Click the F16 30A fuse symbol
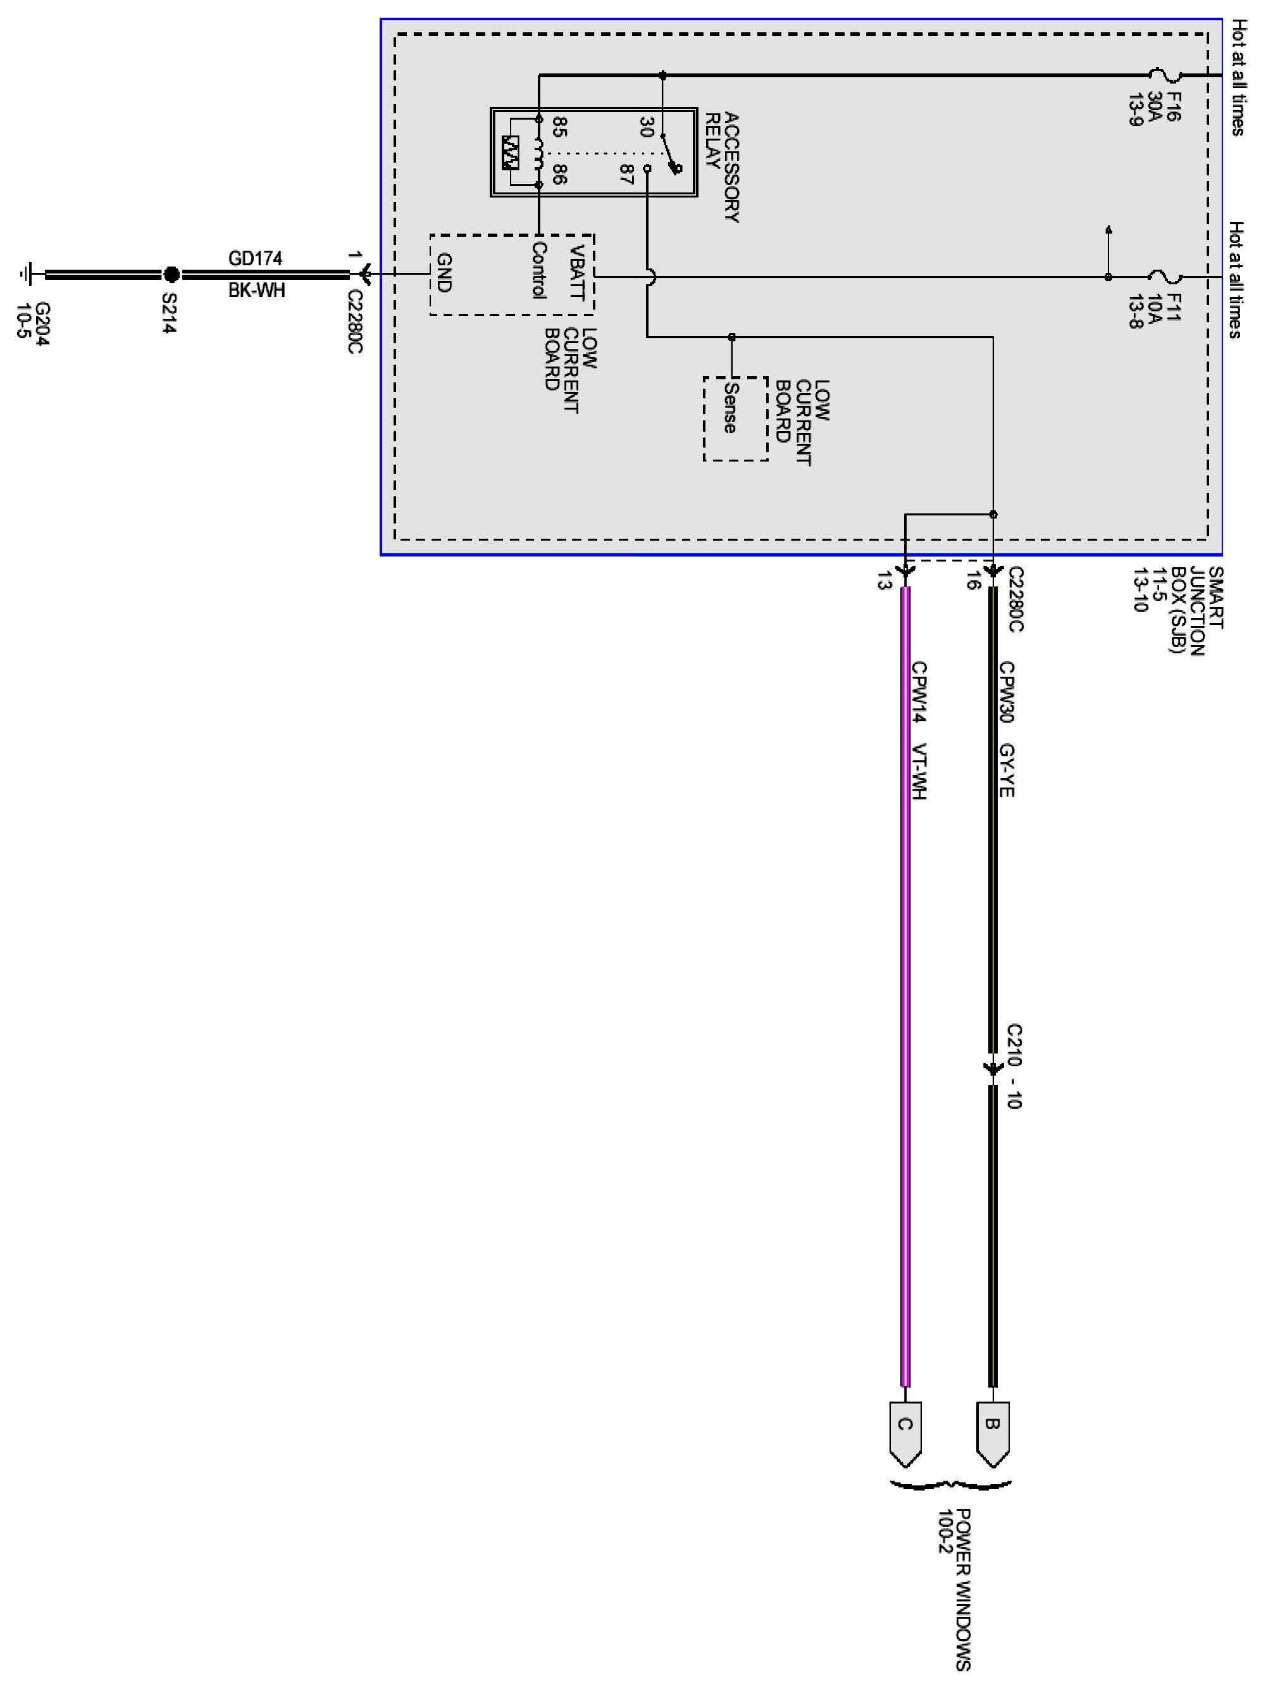tap(1165, 75)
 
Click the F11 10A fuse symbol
tap(1165, 277)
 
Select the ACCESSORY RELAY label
tap(722, 167)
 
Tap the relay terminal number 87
tap(626, 175)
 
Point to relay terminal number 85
tap(559, 127)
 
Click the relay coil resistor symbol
tap(511, 152)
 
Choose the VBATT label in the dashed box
tap(578, 273)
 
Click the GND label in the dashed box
tap(444, 273)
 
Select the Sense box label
tap(730, 408)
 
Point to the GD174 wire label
tap(255, 258)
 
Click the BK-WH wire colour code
tap(256, 290)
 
